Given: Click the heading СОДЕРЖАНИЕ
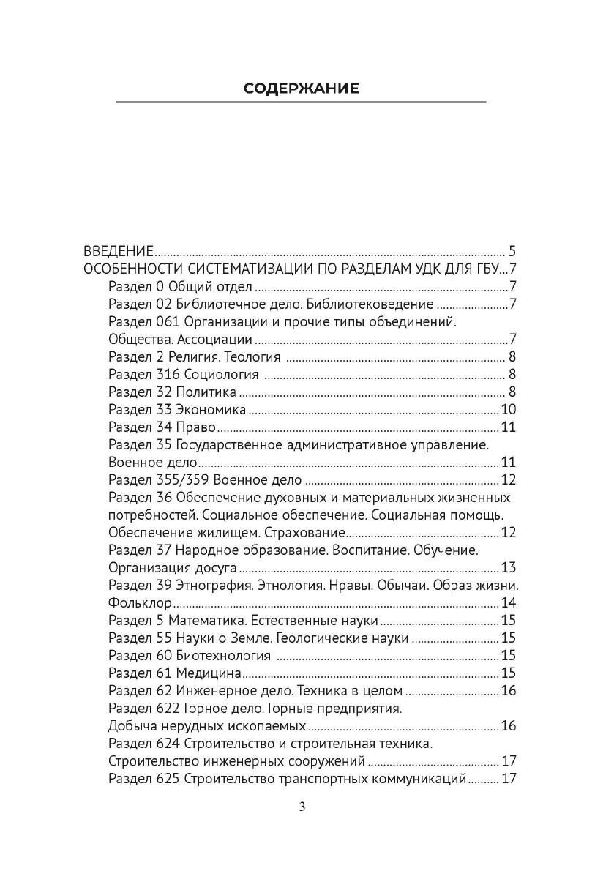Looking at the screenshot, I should point(301,89).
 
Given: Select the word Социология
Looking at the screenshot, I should point(221,374).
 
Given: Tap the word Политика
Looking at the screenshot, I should point(206,392).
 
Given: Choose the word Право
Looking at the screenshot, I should point(193,427).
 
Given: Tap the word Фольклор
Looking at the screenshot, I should point(140,603).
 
